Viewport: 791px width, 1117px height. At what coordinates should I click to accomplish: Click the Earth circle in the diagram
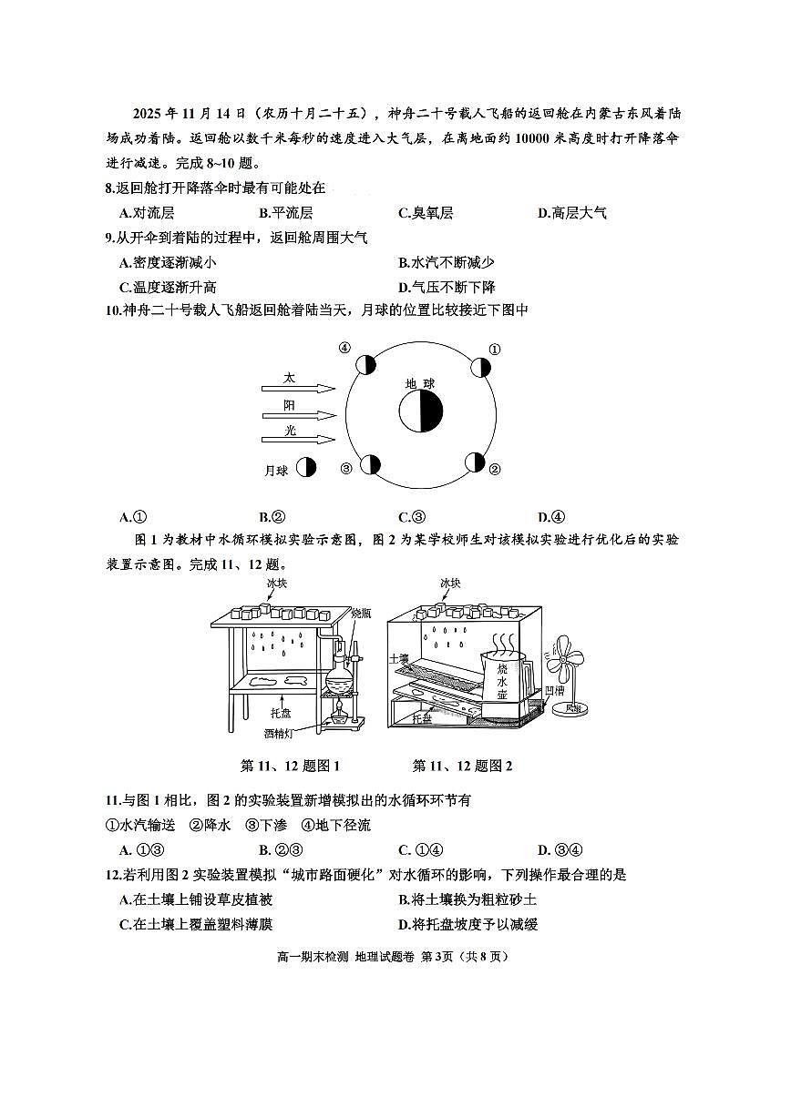click(420, 411)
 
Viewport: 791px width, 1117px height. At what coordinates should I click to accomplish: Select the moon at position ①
click(480, 367)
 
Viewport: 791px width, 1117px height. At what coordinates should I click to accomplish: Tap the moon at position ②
click(475, 462)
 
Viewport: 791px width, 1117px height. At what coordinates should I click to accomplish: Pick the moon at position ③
click(369, 464)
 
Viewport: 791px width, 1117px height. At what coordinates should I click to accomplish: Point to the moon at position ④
click(365, 365)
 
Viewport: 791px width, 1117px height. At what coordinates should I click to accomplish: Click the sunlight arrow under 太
click(297, 388)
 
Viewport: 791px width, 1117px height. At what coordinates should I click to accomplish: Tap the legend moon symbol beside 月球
click(306, 468)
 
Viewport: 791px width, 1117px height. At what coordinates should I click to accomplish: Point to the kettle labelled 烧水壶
click(504, 678)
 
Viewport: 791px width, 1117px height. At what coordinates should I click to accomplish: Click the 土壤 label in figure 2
click(398, 657)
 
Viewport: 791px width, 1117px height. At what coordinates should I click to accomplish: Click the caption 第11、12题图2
click(462, 766)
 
